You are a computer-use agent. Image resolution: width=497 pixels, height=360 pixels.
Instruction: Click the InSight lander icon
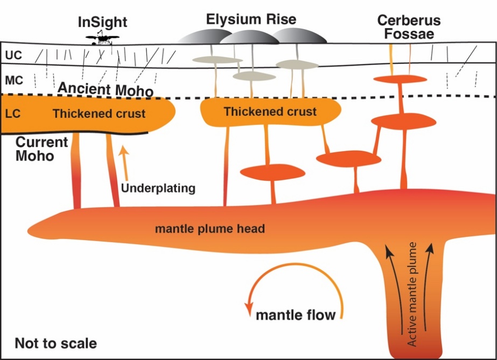(x=102, y=38)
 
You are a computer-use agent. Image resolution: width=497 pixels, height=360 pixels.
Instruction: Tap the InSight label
(x=102, y=22)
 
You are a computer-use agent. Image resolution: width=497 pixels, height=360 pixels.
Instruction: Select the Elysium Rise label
(x=251, y=19)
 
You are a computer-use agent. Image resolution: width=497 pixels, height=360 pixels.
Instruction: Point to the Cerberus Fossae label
(x=409, y=27)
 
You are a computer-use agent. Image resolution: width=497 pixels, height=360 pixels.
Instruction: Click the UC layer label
(x=13, y=55)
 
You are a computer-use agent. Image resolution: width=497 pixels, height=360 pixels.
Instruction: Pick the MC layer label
(x=14, y=80)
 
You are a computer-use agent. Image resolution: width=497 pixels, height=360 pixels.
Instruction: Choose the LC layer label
(x=13, y=114)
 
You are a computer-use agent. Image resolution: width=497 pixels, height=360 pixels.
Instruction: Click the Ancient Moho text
(x=106, y=89)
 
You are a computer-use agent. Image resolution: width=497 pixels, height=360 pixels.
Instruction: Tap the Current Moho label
(x=41, y=149)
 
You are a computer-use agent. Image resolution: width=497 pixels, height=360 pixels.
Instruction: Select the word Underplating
(x=158, y=188)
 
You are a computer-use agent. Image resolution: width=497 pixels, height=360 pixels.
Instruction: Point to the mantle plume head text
(x=210, y=229)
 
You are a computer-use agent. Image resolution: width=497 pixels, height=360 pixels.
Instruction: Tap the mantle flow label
(x=296, y=315)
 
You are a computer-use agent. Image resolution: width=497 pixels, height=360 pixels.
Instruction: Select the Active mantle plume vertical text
(x=412, y=294)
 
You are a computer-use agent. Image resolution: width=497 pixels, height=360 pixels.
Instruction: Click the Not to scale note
(x=56, y=343)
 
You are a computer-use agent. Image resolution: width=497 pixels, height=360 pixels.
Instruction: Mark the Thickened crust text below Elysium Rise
(x=270, y=111)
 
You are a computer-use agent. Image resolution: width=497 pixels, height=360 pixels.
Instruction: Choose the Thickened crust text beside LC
(x=99, y=114)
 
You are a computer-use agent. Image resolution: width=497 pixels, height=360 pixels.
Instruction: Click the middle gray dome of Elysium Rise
(x=249, y=37)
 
